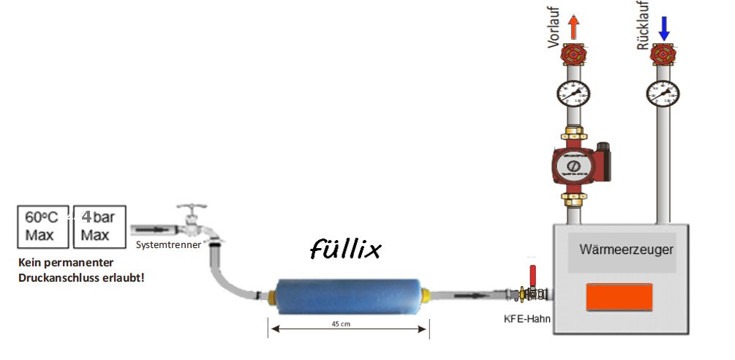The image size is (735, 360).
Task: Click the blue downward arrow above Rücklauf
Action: click(x=664, y=28)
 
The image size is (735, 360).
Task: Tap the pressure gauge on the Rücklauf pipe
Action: click(x=662, y=93)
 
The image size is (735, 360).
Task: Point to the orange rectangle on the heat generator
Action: click(x=619, y=298)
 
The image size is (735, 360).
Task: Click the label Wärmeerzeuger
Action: click(x=626, y=250)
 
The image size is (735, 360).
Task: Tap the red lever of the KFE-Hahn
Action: click(x=533, y=276)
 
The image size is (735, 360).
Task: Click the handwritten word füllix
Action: click(x=345, y=250)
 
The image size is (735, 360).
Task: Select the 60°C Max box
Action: click(x=42, y=226)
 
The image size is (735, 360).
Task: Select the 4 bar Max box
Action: click(x=98, y=226)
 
